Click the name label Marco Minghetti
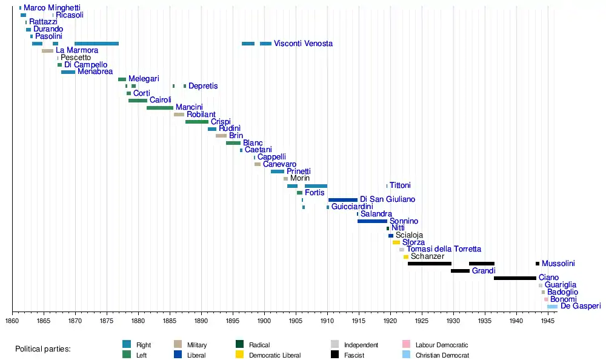[52, 8]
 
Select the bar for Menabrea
[68, 72]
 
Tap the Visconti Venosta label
[303, 44]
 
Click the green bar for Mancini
[160, 108]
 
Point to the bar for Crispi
[197, 122]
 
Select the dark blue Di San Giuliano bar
[343, 200]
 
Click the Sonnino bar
[372, 221]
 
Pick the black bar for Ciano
[515, 278]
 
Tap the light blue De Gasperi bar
[553, 307]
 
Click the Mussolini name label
[558, 264]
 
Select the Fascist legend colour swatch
[335, 355]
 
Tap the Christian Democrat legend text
[442, 355]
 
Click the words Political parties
[43, 349]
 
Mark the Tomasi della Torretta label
[444, 249]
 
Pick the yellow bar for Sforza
[396, 242]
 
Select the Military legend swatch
[178, 345]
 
